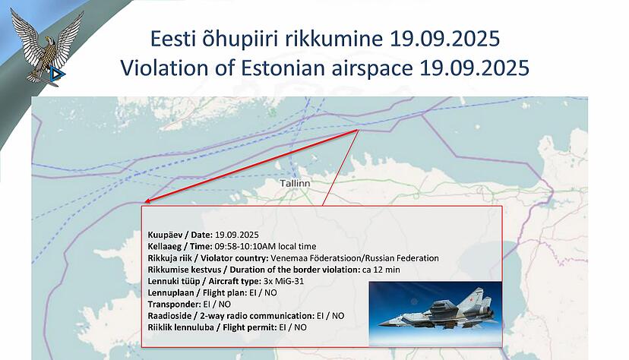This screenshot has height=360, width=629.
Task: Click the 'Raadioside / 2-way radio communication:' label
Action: point(231,315)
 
